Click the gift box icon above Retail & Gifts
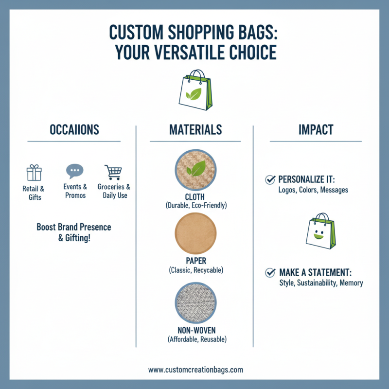(x=34, y=173)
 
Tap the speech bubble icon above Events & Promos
(x=74, y=171)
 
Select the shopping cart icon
(x=113, y=172)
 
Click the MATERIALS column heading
(x=195, y=130)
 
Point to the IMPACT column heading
(x=316, y=130)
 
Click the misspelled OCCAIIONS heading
(x=74, y=130)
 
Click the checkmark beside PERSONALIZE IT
(x=269, y=180)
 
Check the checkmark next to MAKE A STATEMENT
(x=270, y=273)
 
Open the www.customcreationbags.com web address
(x=195, y=370)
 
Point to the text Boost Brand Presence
(x=74, y=227)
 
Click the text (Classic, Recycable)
(x=195, y=269)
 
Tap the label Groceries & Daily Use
(x=114, y=191)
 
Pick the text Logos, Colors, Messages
(x=310, y=190)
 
